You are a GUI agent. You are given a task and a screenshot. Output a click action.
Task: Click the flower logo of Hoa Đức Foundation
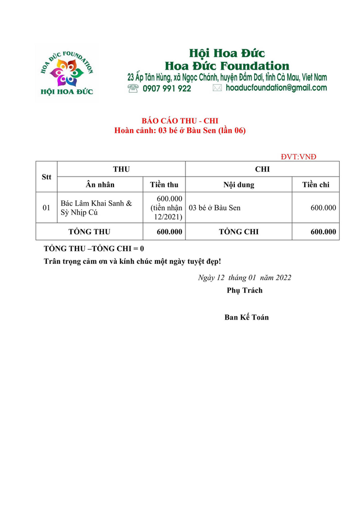(x=67, y=72)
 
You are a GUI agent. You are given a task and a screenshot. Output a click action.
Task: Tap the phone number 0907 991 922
(x=167, y=88)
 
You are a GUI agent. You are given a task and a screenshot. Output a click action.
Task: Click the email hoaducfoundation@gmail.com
(x=276, y=88)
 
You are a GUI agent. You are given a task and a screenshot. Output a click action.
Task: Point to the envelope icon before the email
(x=217, y=88)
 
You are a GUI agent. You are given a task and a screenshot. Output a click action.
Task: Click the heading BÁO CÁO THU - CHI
(x=180, y=121)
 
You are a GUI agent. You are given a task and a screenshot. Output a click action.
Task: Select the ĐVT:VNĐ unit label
(x=298, y=157)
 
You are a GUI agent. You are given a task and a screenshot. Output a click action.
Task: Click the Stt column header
(x=46, y=177)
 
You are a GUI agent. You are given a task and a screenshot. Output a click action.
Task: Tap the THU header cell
(x=121, y=169)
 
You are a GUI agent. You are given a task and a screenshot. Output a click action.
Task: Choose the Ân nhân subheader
(x=100, y=184)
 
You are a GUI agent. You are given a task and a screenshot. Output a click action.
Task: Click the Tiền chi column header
(x=316, y=184)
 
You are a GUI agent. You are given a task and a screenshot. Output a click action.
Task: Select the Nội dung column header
(x=239, y=184)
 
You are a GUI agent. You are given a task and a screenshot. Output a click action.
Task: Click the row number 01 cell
(x=46, y=208)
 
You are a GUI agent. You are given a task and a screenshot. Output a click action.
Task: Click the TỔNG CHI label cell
(x=239, y=231)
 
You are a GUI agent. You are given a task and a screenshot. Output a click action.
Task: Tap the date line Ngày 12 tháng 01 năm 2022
(x=244, y=277)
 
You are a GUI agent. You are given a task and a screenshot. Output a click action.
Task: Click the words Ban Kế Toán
(x=247, y=317)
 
